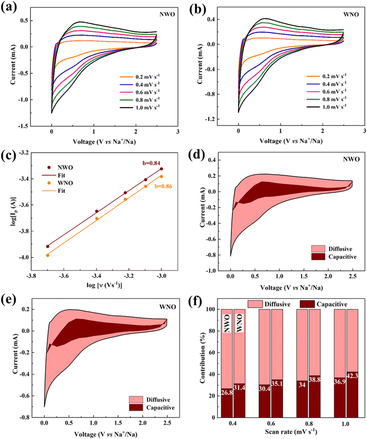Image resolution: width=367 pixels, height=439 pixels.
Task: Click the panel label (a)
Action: point(9,6)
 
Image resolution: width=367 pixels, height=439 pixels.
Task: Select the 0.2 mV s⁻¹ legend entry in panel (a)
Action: point(139,77)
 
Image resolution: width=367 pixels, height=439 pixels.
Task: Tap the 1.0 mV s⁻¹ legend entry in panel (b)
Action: point(327,107)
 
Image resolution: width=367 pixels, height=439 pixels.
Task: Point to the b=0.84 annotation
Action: point(152,163)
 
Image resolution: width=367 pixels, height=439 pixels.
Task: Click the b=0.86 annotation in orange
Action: point(164,186)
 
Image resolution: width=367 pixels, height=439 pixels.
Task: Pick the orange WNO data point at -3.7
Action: point(48,255)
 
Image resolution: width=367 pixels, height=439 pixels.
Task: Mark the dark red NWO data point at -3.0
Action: point(161,169)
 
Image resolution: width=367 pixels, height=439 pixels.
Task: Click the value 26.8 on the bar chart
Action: point(226,392)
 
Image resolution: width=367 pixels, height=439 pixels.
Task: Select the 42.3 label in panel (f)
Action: point(352,376)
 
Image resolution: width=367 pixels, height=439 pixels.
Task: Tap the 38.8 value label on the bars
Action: point(315,380)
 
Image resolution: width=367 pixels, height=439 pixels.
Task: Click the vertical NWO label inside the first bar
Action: point(226,324)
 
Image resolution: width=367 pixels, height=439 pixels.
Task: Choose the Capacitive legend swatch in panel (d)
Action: point(318,256)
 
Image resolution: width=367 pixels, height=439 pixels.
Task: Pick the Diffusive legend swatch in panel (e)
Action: point(136,400)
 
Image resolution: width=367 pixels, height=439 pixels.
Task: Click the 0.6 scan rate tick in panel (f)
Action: point(271,423)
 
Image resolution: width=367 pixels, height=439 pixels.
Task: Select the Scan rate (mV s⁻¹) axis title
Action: point(291,432)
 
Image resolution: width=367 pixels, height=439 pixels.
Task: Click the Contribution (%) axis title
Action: point(203,358)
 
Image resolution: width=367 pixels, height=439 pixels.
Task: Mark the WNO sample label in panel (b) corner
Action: point(351,14)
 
